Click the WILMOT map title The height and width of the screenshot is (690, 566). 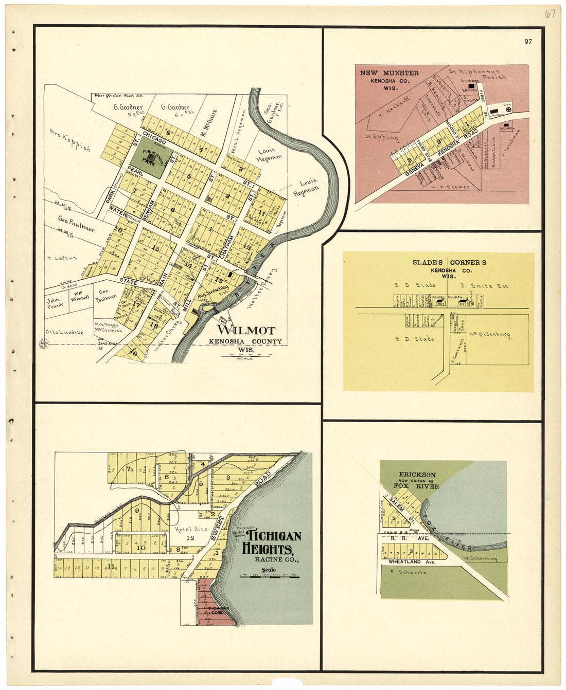pos(246,330)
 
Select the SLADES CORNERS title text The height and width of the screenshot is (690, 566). pos(449,262)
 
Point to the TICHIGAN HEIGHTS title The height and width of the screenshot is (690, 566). pos(271,542)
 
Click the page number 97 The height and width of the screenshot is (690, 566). pos(528,42)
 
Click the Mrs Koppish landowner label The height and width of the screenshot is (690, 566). pos(69,140)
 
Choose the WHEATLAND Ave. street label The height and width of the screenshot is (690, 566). pos(412,562)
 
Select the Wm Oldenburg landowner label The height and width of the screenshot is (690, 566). pos(489,335)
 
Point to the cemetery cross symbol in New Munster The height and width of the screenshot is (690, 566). pos(508,110)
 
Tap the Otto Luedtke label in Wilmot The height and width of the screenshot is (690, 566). pos(64,332)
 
